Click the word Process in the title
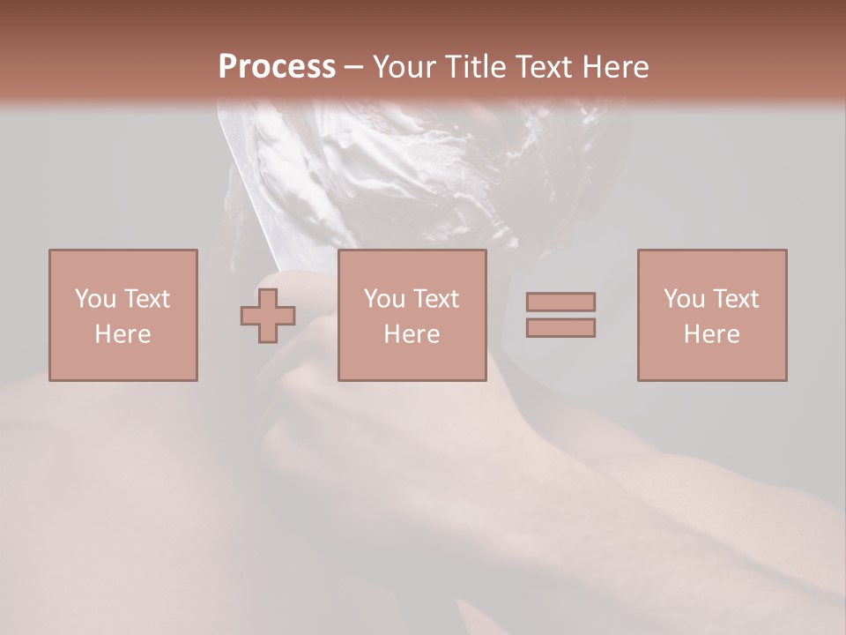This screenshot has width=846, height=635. (x=277, y=67)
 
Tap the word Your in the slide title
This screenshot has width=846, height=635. (x=404, y=67)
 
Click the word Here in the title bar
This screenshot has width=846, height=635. (x=616, y=67)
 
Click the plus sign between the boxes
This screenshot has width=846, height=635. (x=268, y=316)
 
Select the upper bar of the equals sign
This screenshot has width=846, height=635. (x=560, y=302)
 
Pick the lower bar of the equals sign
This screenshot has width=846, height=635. (x=560, y=328)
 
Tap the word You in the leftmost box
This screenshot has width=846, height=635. (x=95, y=299)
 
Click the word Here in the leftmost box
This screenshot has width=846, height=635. (x=122, y=334)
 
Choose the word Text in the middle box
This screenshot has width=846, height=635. (x=436, y=299)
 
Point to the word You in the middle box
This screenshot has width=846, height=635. (x=384, y=299)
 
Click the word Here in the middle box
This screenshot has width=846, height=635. (x=412, y=334)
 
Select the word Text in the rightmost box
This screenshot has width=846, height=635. (x=736, y=299)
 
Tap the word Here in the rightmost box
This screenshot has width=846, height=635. (x=711, y=334)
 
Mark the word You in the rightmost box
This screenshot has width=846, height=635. (x=684, y=299)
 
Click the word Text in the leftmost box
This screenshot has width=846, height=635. (x=147, y=299)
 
